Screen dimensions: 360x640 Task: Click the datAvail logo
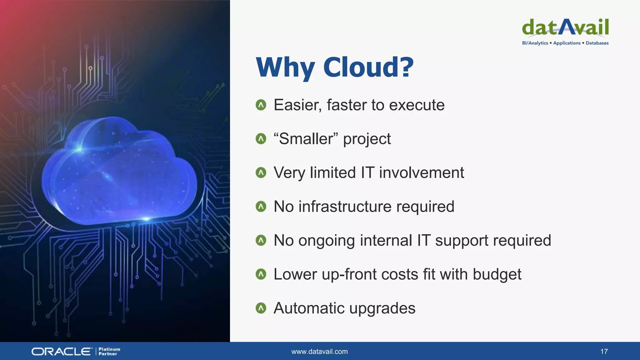[565, 27]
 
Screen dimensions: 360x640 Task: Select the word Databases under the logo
[597, 43]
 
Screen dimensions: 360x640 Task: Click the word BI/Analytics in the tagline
[535, 43]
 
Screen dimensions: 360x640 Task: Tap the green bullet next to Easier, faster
[261, 105]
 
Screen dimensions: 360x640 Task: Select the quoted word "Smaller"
[306, 139]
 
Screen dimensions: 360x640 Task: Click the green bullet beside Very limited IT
[261, 172]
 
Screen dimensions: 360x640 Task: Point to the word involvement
[422, 173]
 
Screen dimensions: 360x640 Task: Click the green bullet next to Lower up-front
[261, 274]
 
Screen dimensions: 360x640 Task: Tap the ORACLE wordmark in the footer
[62, 352]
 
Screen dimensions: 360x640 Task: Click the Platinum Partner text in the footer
[109, 352]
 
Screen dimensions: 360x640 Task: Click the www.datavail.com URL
[319, 352]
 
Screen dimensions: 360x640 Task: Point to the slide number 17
[604, 352]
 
